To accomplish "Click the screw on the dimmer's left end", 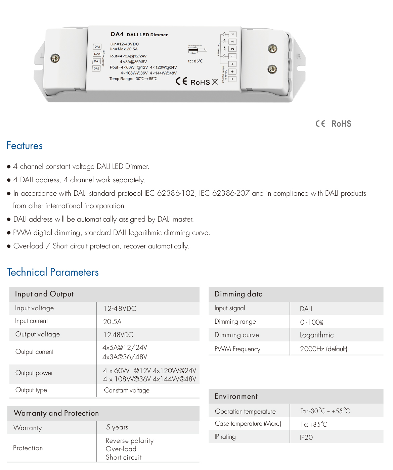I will click(x=55, y=58).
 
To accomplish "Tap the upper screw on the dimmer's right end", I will click(x=272, y=49).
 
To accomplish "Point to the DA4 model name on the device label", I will click(x=117, y=34).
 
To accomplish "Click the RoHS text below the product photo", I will click(x=341, y=124).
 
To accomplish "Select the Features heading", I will click(x=25, y=146).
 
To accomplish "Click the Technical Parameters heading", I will click(x=53, y=272).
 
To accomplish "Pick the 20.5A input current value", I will click(x=112, y=322).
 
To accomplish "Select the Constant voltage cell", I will click(x=127, y=390).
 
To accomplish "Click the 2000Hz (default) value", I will click(x=323, y=349).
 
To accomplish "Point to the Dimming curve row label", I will click(x=237, y=335).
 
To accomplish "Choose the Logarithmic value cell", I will click(x=317, y=335).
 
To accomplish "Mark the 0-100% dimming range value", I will click(x=312, y=322).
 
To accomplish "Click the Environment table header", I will click(x=236, y=396).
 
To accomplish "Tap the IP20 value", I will click(x=306, y=437).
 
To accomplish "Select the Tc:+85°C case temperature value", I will click(x=314, y=424).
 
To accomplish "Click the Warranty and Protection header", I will click(x=56, y=413).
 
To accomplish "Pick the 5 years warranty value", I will click(x=117, y=427).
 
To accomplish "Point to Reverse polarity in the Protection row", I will click(x=130, y=440).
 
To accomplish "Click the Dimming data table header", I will click(x=238, y=294).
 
